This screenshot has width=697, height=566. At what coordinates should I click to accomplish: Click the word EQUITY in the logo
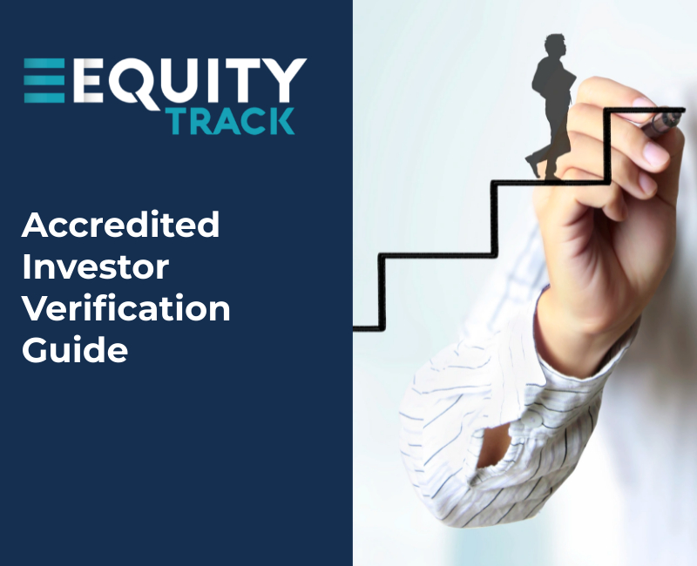coord(188,80)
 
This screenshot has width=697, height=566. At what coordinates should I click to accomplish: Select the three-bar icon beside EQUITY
coord(45,80)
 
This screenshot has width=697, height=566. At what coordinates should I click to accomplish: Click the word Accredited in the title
coord(120,226)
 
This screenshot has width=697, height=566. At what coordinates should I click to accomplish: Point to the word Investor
coord(95,267)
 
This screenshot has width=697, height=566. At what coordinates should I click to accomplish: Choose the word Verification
coord(126,308)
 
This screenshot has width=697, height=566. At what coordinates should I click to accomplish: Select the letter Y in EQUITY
coord(286,80)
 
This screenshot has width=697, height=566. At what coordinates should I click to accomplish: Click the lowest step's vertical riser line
coord(381,292)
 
